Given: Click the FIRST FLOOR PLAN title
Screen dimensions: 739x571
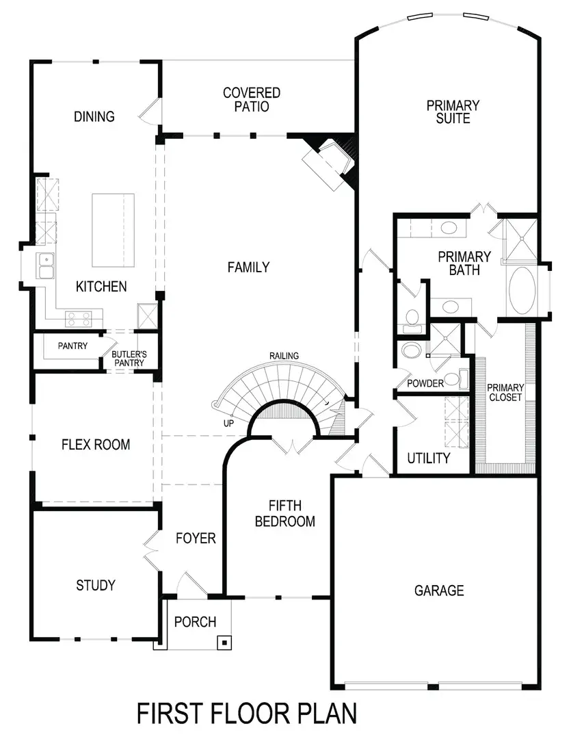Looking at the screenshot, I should click(247, 713).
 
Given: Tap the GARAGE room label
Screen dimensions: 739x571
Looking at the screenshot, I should click(439, 590).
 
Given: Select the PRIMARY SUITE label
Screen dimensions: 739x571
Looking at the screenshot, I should click(453, 112).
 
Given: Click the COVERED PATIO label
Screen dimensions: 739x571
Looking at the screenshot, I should click(252, 99).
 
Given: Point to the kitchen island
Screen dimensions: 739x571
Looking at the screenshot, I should click(113, 230).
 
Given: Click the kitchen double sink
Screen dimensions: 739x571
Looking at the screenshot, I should click(47, 266).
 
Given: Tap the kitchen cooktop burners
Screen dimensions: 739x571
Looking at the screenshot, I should click(79, 318).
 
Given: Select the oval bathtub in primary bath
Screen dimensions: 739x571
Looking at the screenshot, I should click(523, 290).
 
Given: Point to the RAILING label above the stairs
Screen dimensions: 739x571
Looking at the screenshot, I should click(283, 356).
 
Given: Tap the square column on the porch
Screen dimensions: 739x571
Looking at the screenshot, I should click(223, 643).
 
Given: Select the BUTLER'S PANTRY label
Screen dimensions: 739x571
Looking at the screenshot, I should click(128, 359).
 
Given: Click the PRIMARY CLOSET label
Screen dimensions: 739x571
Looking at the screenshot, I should click(505, 393).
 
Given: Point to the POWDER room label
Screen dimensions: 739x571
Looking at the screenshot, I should click(425, 383).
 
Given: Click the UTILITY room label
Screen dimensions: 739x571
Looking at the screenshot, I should click(429, 458).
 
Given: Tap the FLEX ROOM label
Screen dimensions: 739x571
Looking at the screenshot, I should click(96, 445).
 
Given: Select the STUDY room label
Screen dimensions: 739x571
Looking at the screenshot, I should click(96, 586).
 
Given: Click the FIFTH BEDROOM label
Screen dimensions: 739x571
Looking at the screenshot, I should click(285, 514).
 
